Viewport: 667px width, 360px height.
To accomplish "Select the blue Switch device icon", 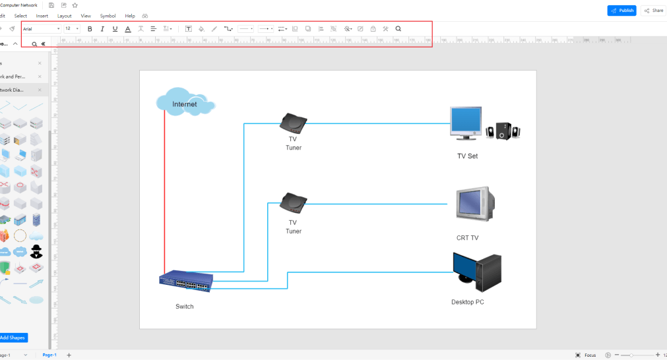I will click(185, 282).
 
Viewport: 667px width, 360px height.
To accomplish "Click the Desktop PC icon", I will click(477, 272).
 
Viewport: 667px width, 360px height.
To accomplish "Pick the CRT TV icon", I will click(475, 204).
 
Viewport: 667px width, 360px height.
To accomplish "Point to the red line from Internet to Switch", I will click(164, 198).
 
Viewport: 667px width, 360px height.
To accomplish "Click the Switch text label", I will click(185, 307).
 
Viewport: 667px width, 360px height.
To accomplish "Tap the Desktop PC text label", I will click(468, 302).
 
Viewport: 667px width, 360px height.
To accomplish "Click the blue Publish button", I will click(621, 11).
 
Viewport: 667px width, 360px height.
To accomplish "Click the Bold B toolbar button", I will click(90, 29).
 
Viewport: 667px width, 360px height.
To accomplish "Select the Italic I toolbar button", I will click(102, 29).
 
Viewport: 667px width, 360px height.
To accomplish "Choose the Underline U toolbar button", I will click(115, 29).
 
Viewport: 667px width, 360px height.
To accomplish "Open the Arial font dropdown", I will click(41, 29).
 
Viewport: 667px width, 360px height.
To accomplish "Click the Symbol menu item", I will click(108, 15).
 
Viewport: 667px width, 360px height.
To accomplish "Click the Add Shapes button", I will click(13, 338).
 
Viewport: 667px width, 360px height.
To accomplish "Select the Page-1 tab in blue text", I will click(49, 355).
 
